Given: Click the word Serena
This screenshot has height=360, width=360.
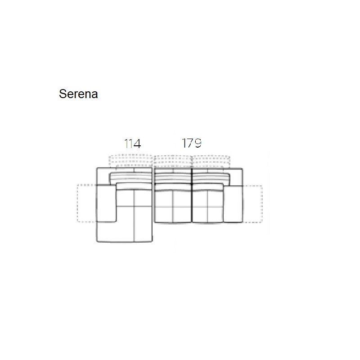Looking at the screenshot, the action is coord(78,94).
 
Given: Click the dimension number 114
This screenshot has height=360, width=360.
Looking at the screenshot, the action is coord(132,144).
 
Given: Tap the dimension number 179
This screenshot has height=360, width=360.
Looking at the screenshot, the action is coord(192,143).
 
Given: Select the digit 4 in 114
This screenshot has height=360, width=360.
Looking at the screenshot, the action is coord(137,144).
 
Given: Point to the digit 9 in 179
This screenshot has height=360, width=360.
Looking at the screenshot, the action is coord(198,143).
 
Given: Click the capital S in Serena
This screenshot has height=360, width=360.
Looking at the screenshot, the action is coord(63,94).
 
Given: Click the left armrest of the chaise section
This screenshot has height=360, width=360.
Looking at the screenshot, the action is coord(106,203).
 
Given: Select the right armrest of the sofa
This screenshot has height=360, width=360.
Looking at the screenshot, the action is coord(233,204).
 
